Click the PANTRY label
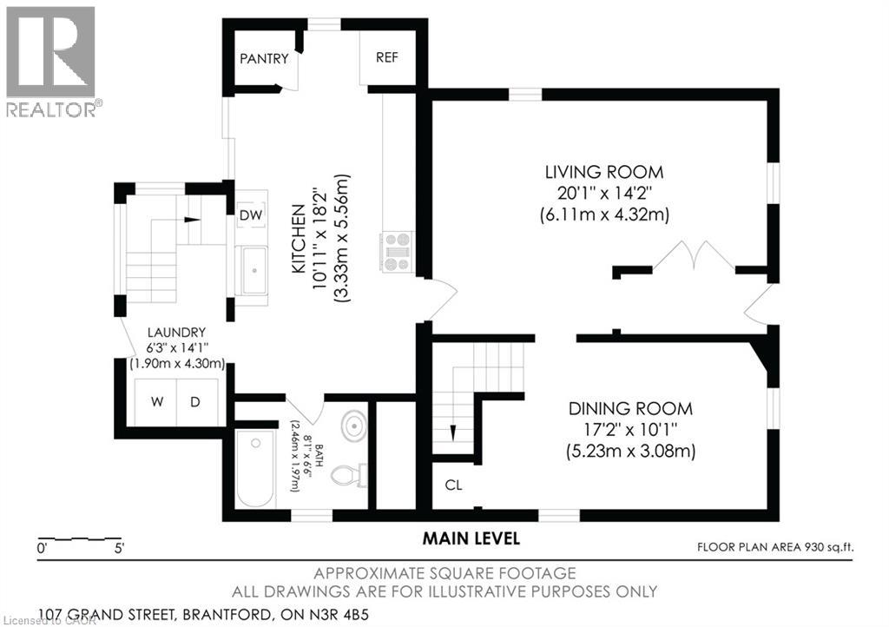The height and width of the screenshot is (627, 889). (x=264, y=58)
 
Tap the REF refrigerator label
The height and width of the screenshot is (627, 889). (x=386, y=57)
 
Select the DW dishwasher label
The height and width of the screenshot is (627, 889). (x=251, y=214)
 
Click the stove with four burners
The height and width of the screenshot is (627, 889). (x=397, y=251)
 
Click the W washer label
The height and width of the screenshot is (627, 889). (x=157, y=402)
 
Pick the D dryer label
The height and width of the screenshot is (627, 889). (x=195, y=402)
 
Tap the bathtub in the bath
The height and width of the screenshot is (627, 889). (x=254, y=469)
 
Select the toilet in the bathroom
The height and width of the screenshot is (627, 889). (x=348, y=475)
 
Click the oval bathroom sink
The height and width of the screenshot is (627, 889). (x=354, y=426)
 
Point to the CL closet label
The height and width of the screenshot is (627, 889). (x=453, y=485)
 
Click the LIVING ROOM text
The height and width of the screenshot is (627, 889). (x=604, y=172)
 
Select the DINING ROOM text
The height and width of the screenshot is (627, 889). (x=630, y=408)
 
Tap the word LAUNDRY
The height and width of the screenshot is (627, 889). (x=176, y=333)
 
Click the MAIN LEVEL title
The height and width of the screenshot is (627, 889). (x=471, y=538)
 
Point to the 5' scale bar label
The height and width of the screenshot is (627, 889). (x=119, y=548)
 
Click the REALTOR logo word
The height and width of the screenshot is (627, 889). (x=51, y=109)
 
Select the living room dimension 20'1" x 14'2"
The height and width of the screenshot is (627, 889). (x=604, y=194)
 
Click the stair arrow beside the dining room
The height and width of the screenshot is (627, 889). (x=453, y=432)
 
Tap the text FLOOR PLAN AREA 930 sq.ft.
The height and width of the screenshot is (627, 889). (x=775, y=547)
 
